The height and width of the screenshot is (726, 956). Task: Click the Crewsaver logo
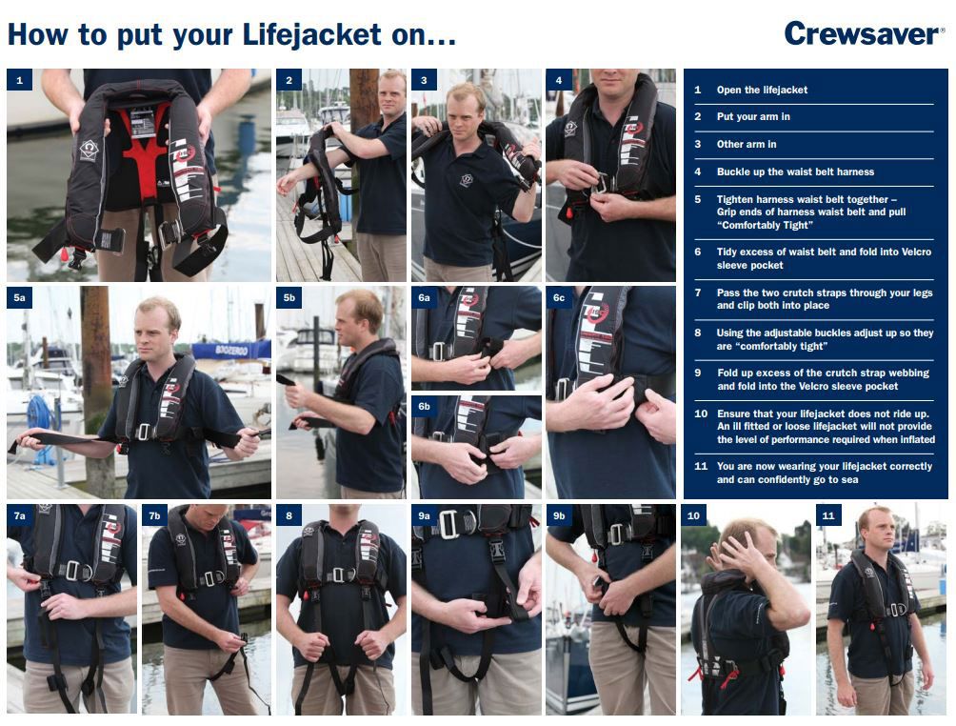(x=863, y=34)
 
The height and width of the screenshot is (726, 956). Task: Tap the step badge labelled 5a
(x=20, y=298)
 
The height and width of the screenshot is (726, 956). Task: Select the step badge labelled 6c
(x=559, y=298)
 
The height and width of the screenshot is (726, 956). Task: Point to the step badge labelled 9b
(x=559, y=515)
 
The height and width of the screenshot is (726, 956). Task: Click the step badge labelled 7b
(x=154, y=515)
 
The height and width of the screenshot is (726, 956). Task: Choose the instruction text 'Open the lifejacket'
(x=762, y=90)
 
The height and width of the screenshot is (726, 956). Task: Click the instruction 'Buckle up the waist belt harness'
(x=795, y=171)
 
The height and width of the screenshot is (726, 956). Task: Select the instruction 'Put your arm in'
(x=753, y=116)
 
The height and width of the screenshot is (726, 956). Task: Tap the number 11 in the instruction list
(x=701, y=466)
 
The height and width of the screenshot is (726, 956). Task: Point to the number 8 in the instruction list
(x=698, y=333)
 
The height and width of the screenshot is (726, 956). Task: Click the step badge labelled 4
(x=559, y=81)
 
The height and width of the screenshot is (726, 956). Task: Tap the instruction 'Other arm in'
(x=747, y=144)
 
